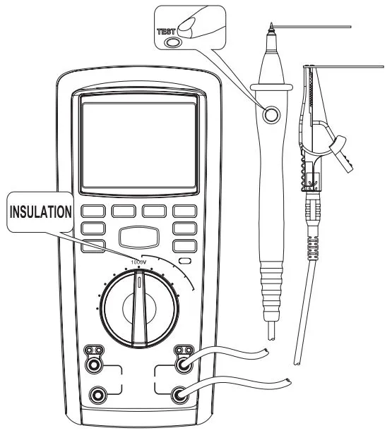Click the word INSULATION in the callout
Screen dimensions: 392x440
tap(40, 212)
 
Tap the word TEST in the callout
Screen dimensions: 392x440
tap(166, 32)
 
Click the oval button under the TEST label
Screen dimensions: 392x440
tap(172, 42)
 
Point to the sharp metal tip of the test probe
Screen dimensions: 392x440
tap(271, 27)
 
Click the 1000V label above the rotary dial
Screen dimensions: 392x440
tap(139, 262)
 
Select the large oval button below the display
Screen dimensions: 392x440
tap(139, 237)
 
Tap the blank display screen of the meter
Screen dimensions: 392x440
tap(139, 145)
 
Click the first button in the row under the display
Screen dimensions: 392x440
tap(93, 211)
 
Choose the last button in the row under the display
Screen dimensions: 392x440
tap(184, 211)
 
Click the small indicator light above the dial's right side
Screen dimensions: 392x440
tap(185, 261)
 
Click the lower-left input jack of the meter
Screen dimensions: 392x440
tap(97, 395)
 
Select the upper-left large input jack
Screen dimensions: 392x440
tap(93, 365)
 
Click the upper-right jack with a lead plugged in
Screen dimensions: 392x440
tap(184, 365)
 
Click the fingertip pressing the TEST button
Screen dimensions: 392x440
tap(186, 25)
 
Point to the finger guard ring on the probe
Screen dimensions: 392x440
tap(271, 87)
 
